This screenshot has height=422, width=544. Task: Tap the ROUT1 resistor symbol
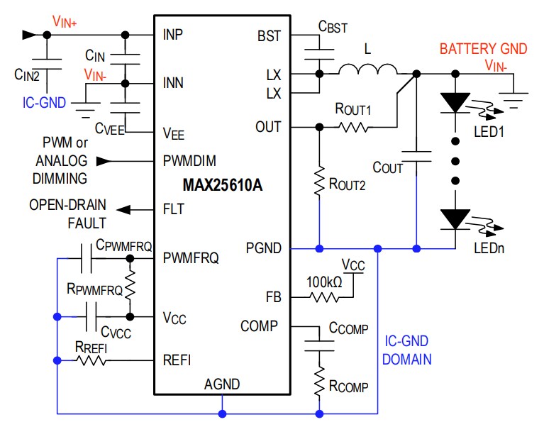[x=353, y=127]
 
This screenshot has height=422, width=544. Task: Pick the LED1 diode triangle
[x=455, y=104]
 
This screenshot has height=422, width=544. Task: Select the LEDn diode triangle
[x=455, y=218]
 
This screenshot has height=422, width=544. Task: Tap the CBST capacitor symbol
[x=319, y=47]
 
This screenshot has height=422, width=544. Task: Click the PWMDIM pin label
[x=189, y=161]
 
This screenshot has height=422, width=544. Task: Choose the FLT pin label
[x=173, y=209]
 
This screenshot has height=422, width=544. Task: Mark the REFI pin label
[x=177, y=360]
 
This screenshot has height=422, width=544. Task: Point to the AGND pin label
[x=222, y=384]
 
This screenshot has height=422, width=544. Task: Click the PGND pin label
[x=263, y=248]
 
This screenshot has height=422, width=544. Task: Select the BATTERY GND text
[x=483, y=49]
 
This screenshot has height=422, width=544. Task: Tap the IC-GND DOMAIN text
[x=406, y=350]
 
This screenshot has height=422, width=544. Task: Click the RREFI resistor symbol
[x=92, y=361]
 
